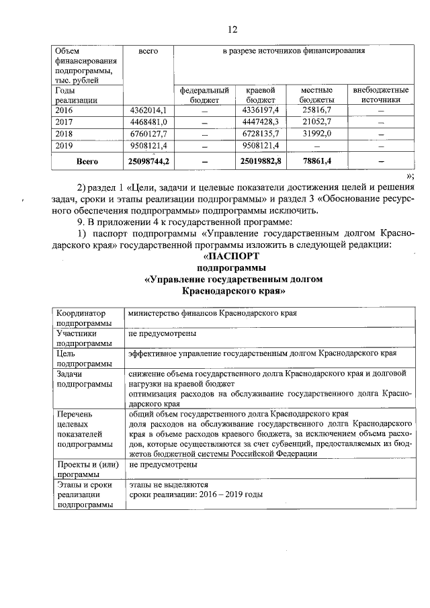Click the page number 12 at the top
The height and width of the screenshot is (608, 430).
click(232, 30)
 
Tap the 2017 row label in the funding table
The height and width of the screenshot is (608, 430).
click(67, 122)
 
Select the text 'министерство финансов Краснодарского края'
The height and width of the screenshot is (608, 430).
click(213, 313)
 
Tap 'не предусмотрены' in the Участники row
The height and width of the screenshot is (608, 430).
click(163, 333)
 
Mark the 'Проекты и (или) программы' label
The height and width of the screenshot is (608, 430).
click(86, 469)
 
